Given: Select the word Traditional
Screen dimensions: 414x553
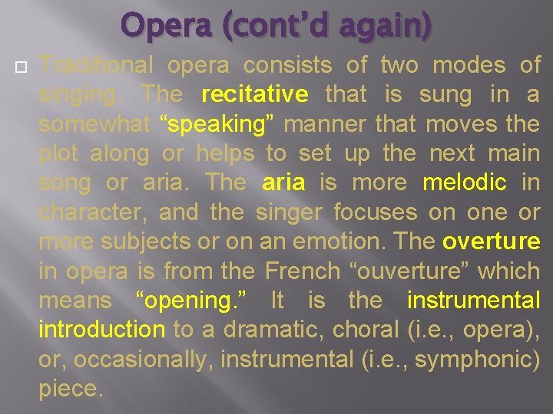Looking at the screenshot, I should click(96, 66).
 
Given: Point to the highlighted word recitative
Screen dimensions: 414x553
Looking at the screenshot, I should click(254, 95).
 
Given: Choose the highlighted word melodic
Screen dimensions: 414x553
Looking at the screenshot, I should click(465, 182).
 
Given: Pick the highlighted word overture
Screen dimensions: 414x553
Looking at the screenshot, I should click(492, 242).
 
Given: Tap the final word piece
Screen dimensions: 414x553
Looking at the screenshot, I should click(70, 389).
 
